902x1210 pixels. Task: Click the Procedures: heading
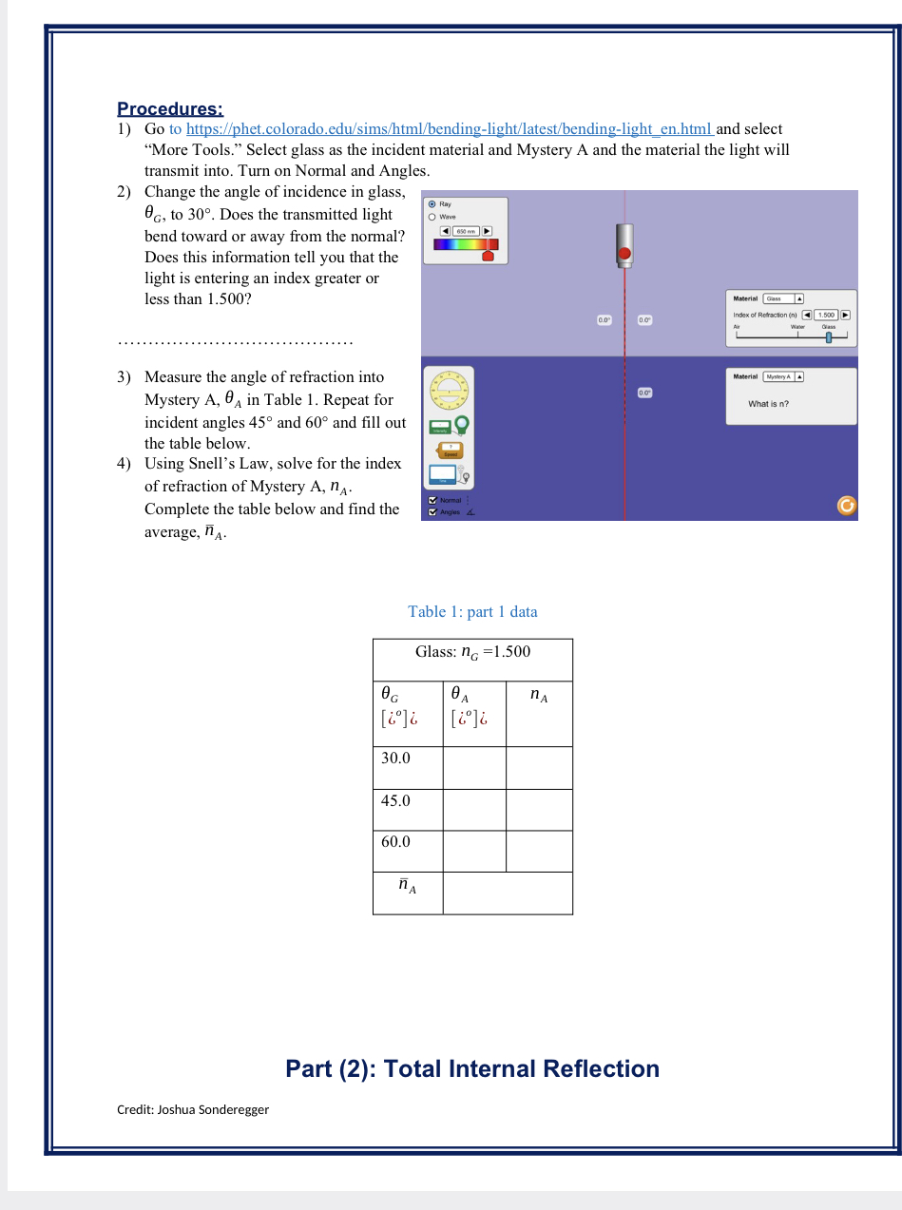(x=170, y=108)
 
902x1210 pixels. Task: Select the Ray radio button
(x=432, y=203)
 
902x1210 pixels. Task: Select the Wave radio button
(x=432, y=216)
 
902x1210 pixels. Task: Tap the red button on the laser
(x=624, y=253)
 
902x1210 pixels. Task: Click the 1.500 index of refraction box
(x=826, y=315)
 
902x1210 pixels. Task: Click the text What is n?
(x=768, y=404)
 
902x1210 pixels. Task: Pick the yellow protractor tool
(x=446, y=389)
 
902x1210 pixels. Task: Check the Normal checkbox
(x=433, y=500)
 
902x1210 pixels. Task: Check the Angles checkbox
(x=433, y=512)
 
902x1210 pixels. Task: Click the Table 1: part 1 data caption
(x=472, y=611)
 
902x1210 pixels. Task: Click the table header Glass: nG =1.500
(x=472, y=652)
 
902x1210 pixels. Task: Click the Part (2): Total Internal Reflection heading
(x=472, y=1068)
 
